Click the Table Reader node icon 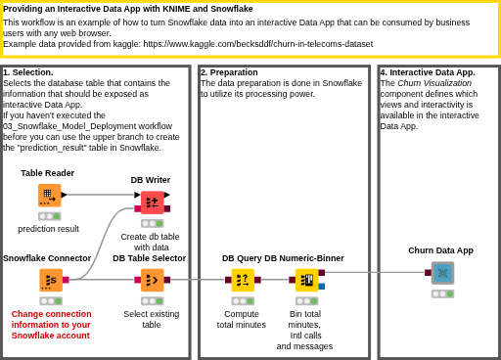(50, 196)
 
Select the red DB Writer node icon (152, 202)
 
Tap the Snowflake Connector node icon (51, 280)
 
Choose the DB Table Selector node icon (153, 280)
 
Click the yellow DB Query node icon (243, 280)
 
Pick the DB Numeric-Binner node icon (307, 280)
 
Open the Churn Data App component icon (442, 273)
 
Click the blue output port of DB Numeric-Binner (322, 287)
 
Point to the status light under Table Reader (50, 216)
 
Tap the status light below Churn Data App (442, 293)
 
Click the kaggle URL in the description (258, 44)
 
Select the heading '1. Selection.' (28, 72)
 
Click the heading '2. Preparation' (229, 72)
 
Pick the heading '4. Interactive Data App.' (428, 72)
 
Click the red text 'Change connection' (51, 314)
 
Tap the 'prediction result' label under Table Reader (48, 229)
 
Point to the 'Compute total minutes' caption (242, 319)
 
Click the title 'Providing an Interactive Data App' (71, 9)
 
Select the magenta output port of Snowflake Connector (66, 280)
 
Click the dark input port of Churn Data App (428, 273)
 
